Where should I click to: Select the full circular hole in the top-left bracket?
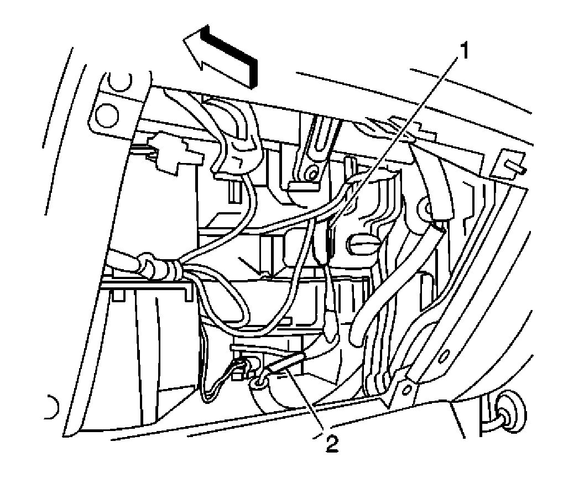[106, 114]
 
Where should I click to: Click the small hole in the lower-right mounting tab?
[408, 390]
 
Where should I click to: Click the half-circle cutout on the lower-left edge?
[53, 408]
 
